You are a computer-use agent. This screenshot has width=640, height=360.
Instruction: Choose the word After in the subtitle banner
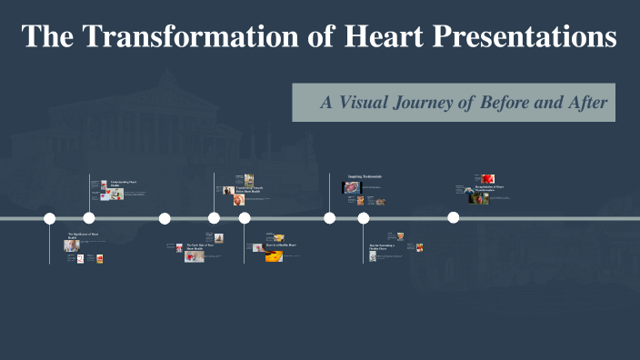coord(587,102)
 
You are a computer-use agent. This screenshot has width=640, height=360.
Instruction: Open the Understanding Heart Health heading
coord(124,184)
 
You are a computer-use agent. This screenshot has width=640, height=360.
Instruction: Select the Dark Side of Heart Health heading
coord(200,245)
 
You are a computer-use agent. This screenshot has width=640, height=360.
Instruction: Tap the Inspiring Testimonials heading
coord(365,176)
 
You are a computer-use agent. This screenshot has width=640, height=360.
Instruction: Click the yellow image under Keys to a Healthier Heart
coord(274,257)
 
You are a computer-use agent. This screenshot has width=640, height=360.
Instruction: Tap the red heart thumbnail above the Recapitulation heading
coord(488,178)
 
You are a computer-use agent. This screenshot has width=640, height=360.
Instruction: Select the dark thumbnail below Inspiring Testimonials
coord(352,187)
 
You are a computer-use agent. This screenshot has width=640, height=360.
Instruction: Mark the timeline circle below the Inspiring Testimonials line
coord(329,218)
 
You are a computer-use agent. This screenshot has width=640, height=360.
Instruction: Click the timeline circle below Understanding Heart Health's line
coord(89,218)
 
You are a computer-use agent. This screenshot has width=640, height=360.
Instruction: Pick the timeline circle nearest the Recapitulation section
coord(453,218)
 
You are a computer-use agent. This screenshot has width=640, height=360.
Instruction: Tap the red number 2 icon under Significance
coord(80,258)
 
